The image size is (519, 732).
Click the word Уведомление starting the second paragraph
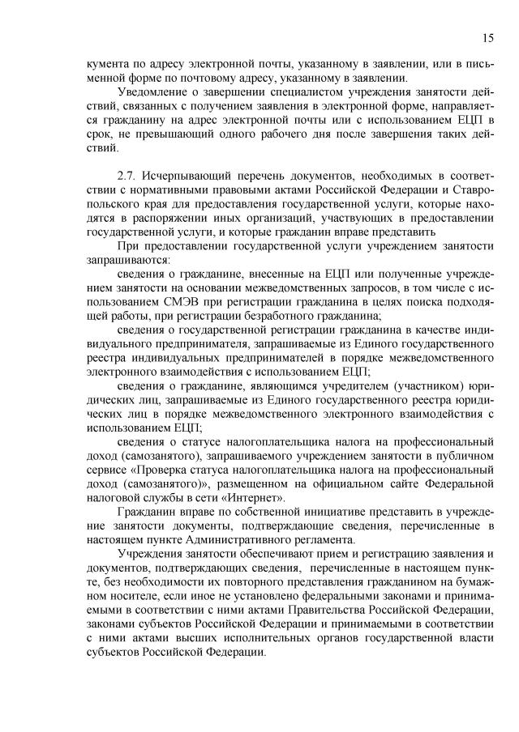click(x=155, y=91)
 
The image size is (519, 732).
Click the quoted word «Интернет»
click(x=253, y=499)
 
